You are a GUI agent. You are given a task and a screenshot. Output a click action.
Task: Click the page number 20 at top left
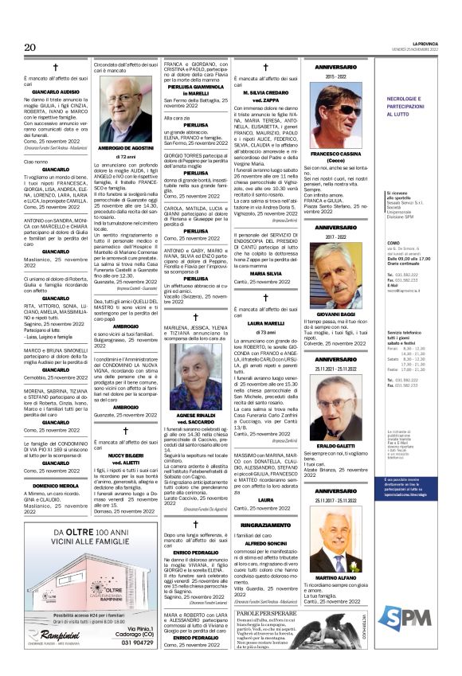(x=31, y=47)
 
